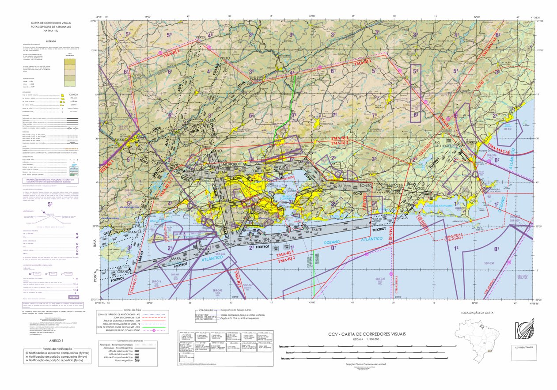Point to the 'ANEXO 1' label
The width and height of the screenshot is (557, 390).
pos(56,341)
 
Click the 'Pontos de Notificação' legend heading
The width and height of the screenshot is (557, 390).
pos(56,348)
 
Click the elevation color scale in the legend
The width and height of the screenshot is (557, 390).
pos(70,73)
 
